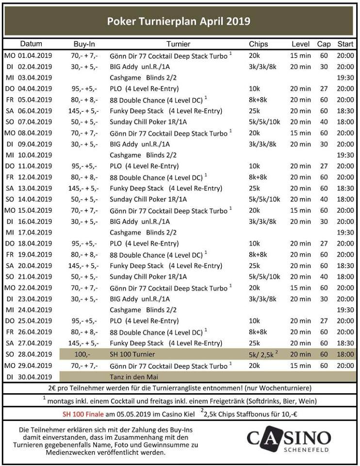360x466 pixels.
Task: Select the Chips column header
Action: point(258,44)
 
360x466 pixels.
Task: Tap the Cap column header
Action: point(324,44)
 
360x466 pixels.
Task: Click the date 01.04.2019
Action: point(34,56)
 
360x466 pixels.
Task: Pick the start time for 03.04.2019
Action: point(345,78)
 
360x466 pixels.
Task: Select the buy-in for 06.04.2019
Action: point(84,111)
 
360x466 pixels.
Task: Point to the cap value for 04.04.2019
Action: point(324,89)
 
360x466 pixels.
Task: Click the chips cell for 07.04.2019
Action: point(264,122)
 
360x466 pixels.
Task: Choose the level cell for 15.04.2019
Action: point(300,210)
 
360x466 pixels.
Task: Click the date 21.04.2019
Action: point(34,276)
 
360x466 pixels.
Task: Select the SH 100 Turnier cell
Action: point(133,354)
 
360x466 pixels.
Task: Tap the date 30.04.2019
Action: point(34,376)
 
